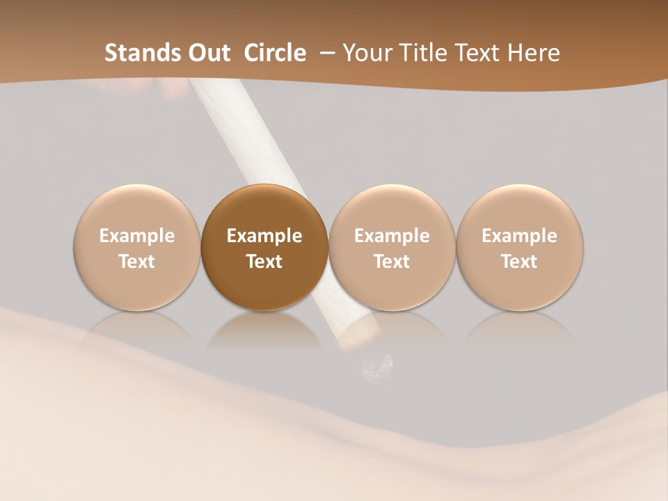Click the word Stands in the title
[139, 53]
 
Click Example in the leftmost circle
[137, 236]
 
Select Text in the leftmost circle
[137, 262]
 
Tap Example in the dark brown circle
[264, 236]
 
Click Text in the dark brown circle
[264, 262]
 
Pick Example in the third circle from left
[392, 236]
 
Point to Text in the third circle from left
[392, 262]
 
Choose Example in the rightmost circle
[520, 236]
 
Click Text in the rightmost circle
[520, 262]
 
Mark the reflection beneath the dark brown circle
[264, 330]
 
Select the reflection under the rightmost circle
[520, 330]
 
